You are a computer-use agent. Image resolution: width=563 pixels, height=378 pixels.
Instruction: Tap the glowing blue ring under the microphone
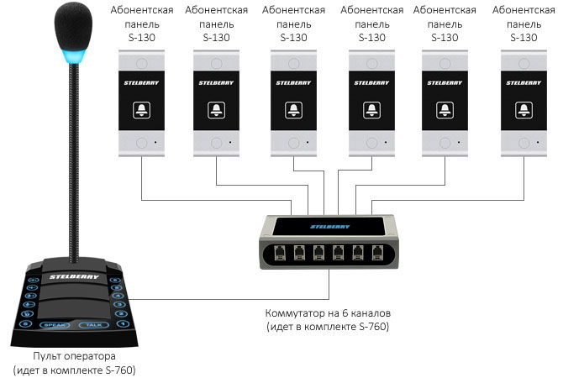71,57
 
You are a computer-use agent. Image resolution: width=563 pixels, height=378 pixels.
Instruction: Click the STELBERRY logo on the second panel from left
217,82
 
